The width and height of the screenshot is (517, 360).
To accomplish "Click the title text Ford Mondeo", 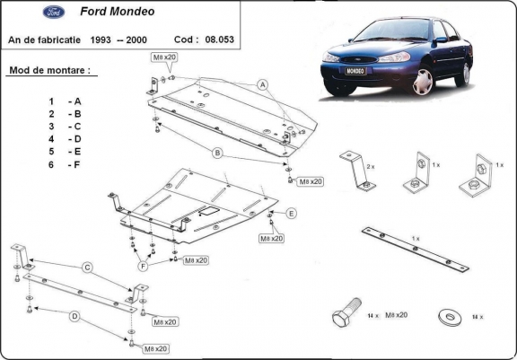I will coord(112,14).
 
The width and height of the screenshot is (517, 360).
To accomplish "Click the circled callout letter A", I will coord(264,85).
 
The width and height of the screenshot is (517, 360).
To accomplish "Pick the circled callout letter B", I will coord(216,154).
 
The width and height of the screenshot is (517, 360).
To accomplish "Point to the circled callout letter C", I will coord(87,268).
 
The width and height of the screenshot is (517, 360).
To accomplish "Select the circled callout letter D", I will coord(75,315).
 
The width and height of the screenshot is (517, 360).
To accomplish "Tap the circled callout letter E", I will coord(292,213).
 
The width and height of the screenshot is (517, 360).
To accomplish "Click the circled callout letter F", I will coord(143,267).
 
